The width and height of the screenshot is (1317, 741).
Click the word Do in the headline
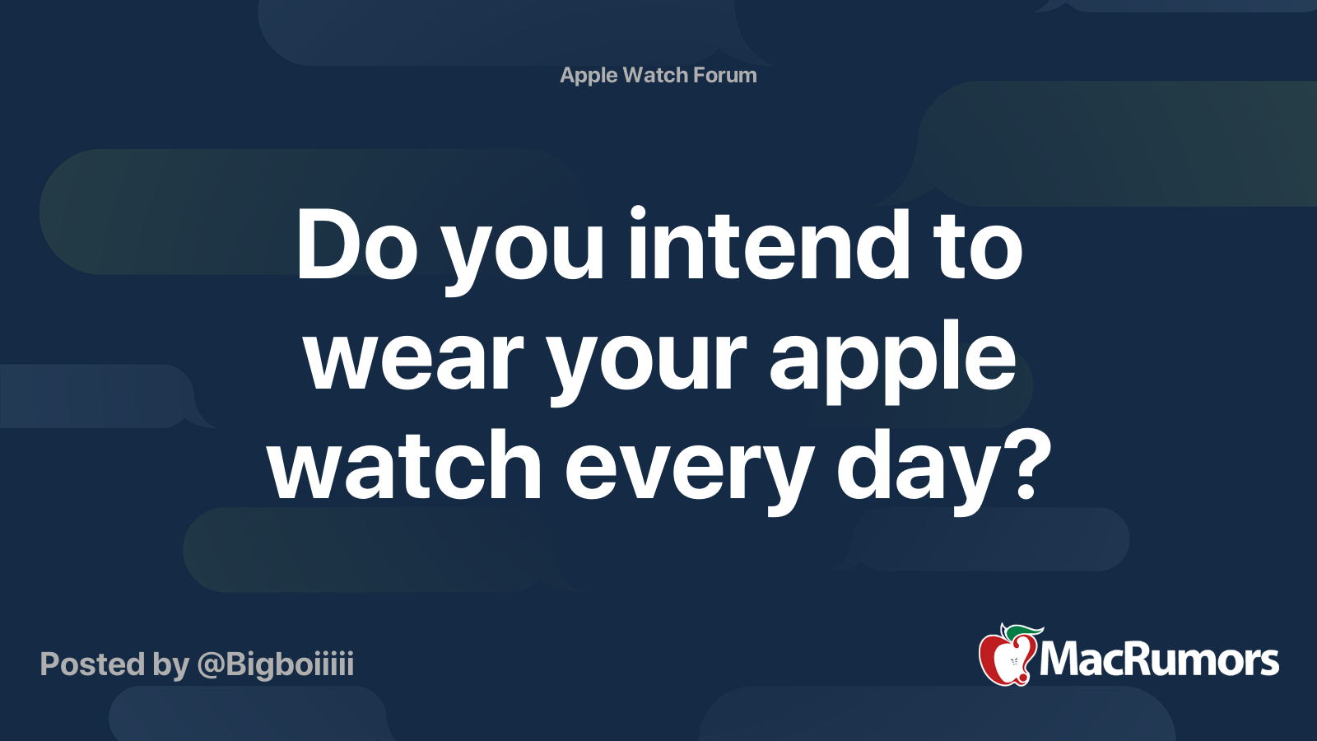pyautogui.click(x=356, y=245)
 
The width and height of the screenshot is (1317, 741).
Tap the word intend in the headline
pyautogui.click(x=768, y=245)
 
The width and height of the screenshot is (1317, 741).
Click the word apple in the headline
pyautogui.click(x=892, y=357)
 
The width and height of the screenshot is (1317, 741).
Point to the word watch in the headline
pyautogui.click(x=404, y=467)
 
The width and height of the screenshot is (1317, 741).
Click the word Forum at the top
pyautogui.click(x=724, y=75)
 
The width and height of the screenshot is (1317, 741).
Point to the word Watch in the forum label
pyautogui.click(x=655, y=75)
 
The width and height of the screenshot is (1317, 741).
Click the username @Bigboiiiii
pyautogui.click(x=275, y=664)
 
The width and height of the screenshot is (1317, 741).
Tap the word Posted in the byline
pyautogui.click(x=92, y=664)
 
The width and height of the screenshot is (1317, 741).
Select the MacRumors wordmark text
pyautogui.click(x=1159, y=660)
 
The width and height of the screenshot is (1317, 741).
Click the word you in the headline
pyautogui.click(x=524, y=245)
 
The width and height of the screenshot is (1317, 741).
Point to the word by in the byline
pyautogui.click(x=170, y=664)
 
